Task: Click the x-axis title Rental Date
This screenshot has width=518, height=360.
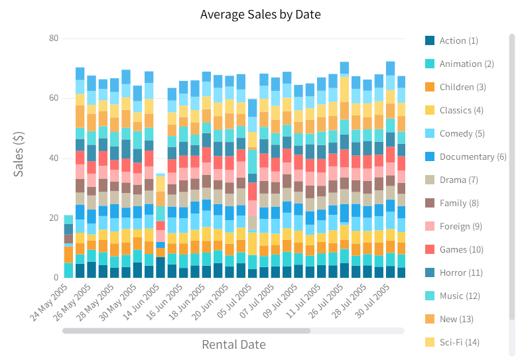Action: pyautogui.click(x=233, y=344)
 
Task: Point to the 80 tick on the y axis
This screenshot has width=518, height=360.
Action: pyautogui.click(x=53, y=38)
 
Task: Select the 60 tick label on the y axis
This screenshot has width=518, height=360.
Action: pyautogui.click(x=53, y=98)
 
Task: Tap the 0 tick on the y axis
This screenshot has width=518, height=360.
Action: pyautogui.click(x=56, y=278)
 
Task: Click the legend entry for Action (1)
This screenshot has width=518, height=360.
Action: pyautogui.click(x=458, y=40)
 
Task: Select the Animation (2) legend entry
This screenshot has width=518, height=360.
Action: pyautogui.click(x=466, y=64)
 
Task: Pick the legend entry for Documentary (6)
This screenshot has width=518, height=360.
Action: pyautogui.click(x=472, y=156)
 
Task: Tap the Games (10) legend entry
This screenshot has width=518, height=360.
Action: pyautogui.click(x=461, y=249)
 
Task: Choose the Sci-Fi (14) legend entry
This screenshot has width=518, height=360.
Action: pyautogui.click(x=459, y=342)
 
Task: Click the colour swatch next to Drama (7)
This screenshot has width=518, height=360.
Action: pyautogui.click(x=430, y=180)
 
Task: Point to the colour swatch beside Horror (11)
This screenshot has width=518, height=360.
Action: pyautogui.click(x=430, y=272)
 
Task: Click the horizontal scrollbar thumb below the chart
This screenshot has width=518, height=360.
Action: pyautogui.click(x=186, y=330)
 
